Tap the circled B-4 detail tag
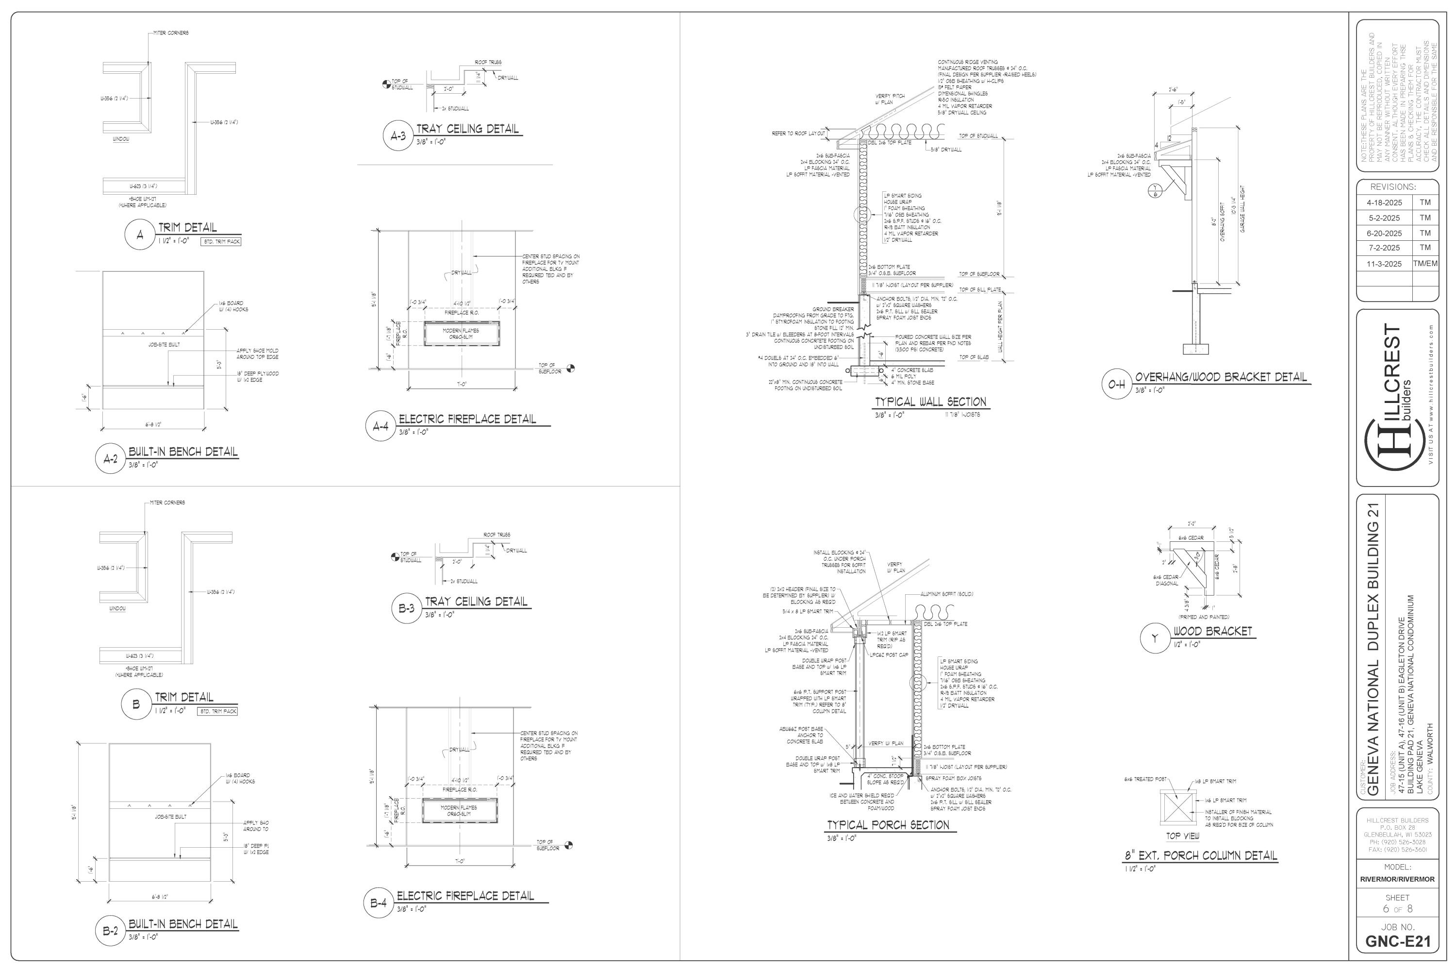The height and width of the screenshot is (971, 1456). pyautogui.click(x=378, y=903)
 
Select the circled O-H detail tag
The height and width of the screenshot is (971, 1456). pyautogui.click(x=1116, y=385)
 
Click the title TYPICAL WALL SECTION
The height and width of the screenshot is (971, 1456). pyautogui.click(x=930, y=402)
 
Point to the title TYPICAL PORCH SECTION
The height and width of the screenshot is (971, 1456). pyautogui.click(x=888, y=825)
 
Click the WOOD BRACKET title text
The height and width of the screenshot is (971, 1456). pyautogui.click(x=1212, y=632)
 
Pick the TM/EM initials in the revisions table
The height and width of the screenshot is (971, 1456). pyautogui.click(x=1425, y=263)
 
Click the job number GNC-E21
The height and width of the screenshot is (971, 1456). pyautogui.click(x=1398, y=942)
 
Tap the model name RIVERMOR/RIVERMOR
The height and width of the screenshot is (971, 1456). pyautogui.click(x=1397, y=879)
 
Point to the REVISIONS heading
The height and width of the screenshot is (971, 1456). pyautogui.click(x=1393, y=186)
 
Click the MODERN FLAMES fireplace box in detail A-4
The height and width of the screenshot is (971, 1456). pyautogui.click(x=460, y=334)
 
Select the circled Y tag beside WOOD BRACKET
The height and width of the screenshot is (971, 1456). pyautogui.click(x=1155, y=638)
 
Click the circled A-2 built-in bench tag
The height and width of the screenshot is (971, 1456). pyautogui.click(x=110, y=459)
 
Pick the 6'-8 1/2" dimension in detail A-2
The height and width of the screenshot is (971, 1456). pyautogui.click(x=153, y=425)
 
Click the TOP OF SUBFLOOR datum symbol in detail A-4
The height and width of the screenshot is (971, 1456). pyautogui.click(x=570, y=368)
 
